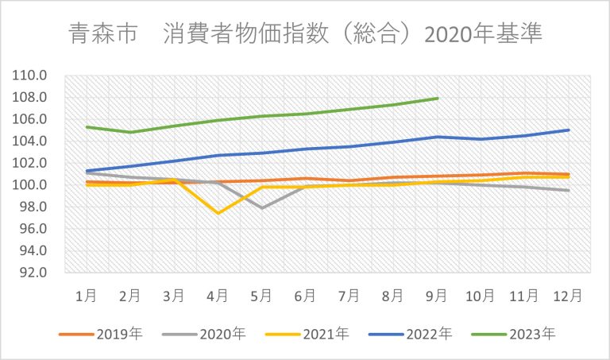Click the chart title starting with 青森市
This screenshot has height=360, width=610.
[305, 34]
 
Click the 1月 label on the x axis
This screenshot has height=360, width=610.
[87, 295]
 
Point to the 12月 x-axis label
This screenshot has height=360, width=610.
[569, 295]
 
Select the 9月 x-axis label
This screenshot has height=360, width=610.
[438, 295]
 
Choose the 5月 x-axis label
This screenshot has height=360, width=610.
[262, 295]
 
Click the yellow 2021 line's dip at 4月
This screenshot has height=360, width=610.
[218, 213]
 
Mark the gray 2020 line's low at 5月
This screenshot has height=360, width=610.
[262, 208]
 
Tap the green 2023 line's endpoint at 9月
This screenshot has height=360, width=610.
[438, 99]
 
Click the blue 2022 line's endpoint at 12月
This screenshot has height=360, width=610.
[569, 130]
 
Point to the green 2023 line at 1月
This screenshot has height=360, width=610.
[87, 127]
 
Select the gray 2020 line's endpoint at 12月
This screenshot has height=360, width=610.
[569, 191]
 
